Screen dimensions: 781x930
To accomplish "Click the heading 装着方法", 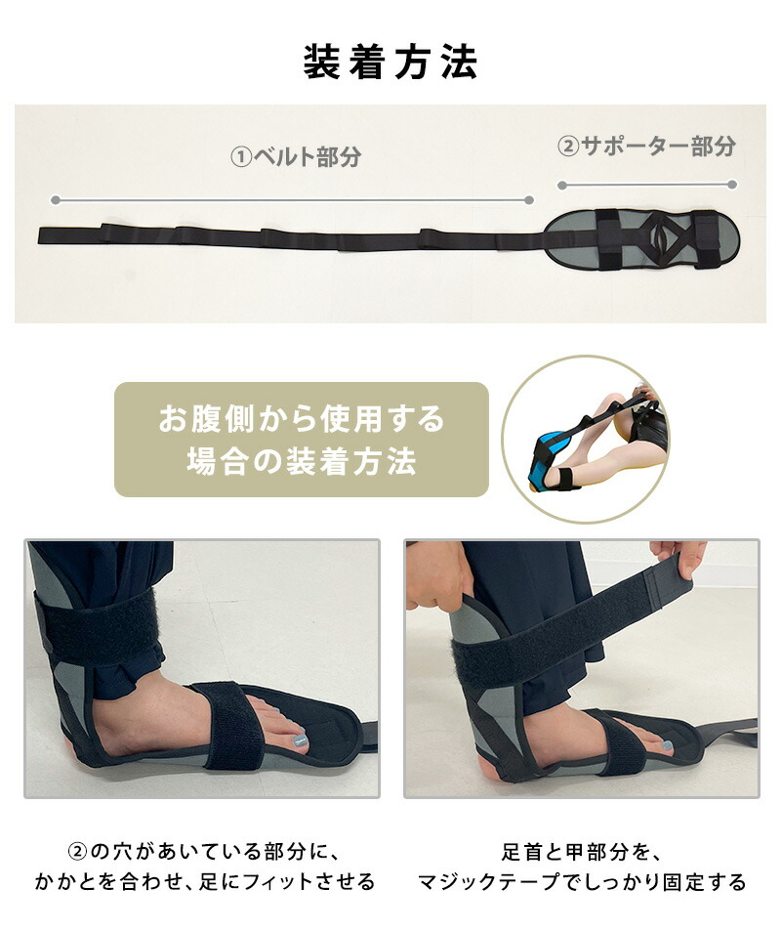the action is click(x=390, y=63).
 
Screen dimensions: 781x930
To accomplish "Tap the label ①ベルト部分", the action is click(x=296, y=157).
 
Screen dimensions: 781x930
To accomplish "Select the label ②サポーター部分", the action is click(x=646, y=146).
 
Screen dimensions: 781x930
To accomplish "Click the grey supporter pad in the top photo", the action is click(x=641, y=239).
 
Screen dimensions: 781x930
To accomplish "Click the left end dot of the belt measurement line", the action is click(x=55, y=200).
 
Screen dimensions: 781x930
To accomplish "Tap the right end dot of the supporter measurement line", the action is click(x=732, y=185).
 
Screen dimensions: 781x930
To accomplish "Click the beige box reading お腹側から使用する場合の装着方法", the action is click(x=301, y=440).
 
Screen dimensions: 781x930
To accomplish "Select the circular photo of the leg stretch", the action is click(x=586, y=440).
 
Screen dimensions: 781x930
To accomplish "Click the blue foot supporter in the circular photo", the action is click(x=548, y=450).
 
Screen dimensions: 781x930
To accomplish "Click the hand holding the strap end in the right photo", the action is click(x=678, y=557).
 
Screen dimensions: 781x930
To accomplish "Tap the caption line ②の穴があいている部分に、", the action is click(x=204, y=852).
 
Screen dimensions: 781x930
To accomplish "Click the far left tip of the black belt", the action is click(x=39, y=235).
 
